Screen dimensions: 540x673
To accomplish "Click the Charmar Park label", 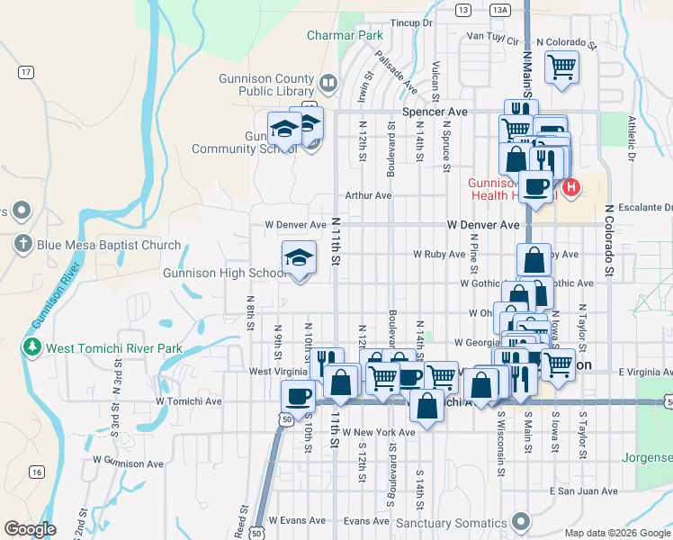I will [x=345, y=35].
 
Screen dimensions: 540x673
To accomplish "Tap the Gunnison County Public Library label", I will [x=268, y=85].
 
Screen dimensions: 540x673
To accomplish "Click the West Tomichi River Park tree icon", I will [x=32, y=347].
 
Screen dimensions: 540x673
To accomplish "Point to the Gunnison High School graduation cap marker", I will [x=299, y=259].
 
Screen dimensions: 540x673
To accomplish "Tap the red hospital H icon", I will [x=571, y=188].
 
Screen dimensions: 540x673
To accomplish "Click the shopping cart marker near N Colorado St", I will [x=561, y=66].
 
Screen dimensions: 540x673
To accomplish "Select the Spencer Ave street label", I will [x=435, y=112].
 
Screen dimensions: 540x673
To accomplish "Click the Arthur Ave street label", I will [x=369, y=195].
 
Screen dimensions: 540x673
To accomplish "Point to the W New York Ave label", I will [x=381, y=432].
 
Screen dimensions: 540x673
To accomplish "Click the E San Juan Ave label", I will [x=584, y=491].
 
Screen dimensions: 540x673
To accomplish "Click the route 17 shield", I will [x=26, y=71].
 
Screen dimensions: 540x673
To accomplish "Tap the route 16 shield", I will [x=36, y=472].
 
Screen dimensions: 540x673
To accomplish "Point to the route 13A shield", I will [x=500, y=9].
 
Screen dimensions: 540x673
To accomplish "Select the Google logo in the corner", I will [x=30, y=528].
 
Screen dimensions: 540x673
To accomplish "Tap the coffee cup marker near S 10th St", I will [x=298, y=395].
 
